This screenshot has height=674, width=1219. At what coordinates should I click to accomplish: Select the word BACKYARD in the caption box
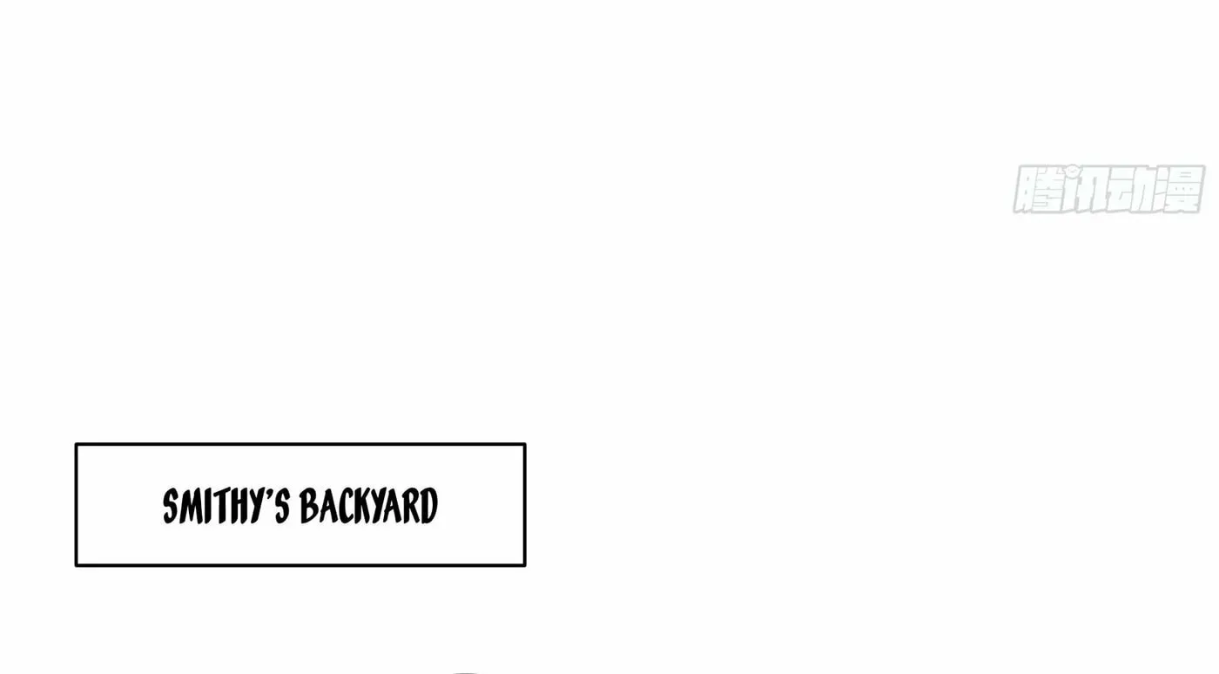pos(368,506)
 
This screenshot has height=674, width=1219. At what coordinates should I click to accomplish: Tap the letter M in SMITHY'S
pos(190,506)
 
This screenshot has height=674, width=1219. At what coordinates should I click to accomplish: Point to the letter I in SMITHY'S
pos(207,506)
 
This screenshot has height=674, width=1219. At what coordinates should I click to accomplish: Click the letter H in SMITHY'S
pos(238,506)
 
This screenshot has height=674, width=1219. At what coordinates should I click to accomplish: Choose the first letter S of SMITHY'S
pos(171,506)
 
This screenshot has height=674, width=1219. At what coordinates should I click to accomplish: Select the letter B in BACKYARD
pos(308,506)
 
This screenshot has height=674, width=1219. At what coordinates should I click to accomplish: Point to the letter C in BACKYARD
pos(343,506)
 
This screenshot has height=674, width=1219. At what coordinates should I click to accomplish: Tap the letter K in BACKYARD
pos(360,506)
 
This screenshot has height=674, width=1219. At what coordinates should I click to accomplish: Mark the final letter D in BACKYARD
pos(429,506)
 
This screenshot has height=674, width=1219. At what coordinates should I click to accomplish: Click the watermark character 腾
pos(1037,189)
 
